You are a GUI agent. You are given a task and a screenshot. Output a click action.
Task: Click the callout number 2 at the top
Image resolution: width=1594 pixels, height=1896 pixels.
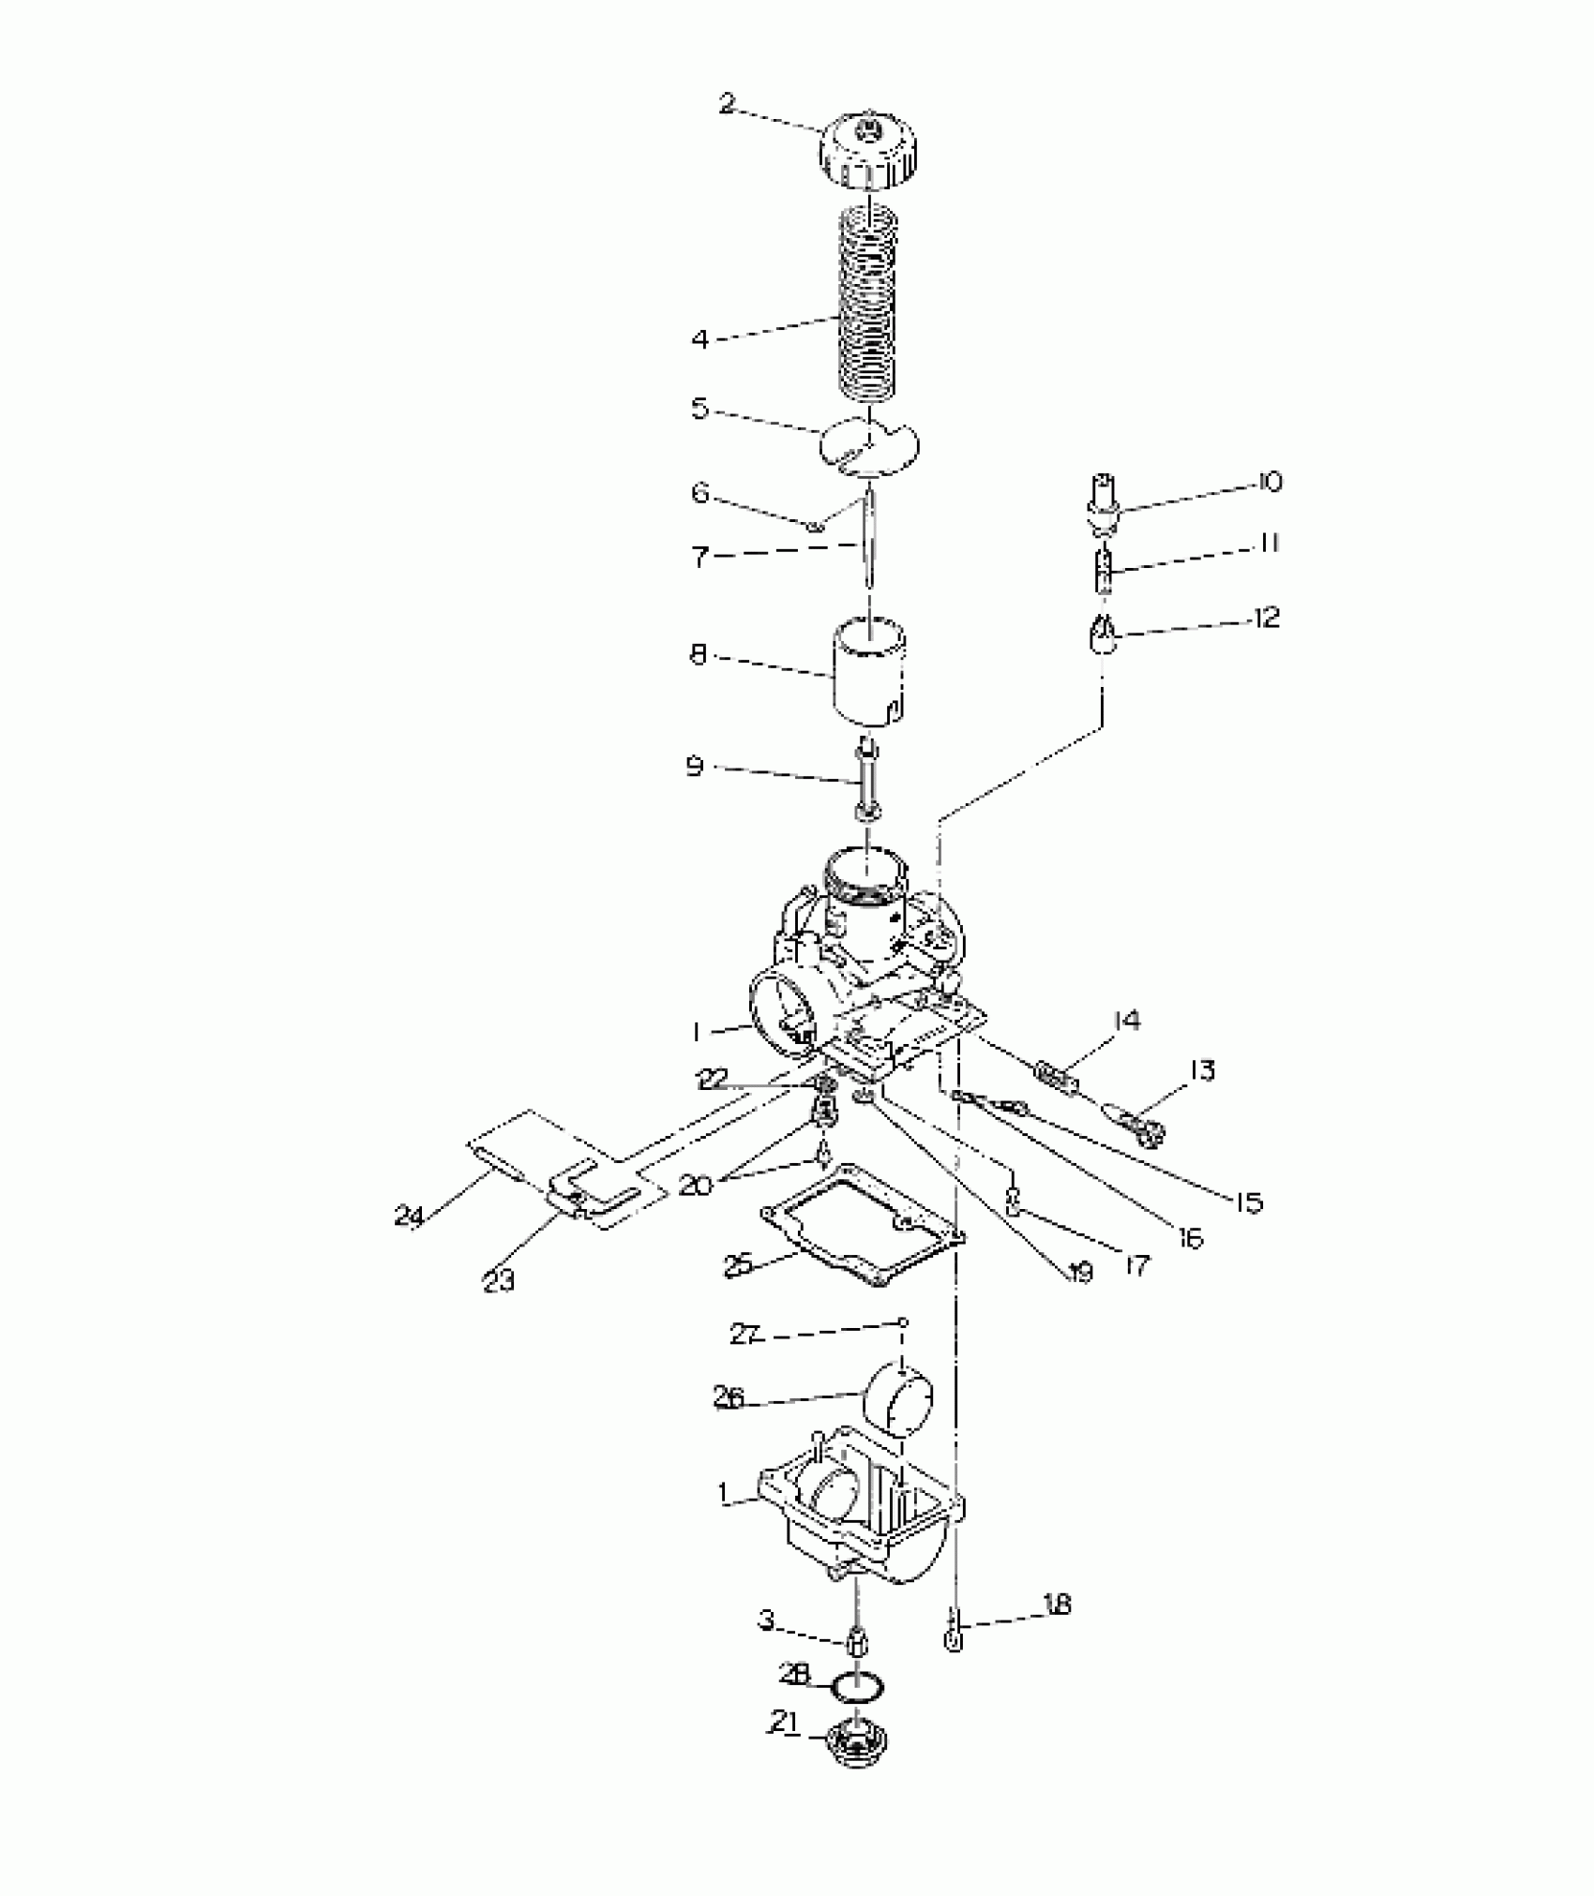pyautogui.click(x=728, y=103)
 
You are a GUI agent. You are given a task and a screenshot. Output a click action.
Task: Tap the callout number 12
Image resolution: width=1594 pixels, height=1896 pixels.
pyautogui.click(x=1266, y=619)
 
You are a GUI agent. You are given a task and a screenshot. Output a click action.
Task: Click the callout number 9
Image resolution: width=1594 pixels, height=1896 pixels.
pyautogui.click(x=695, y=767)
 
